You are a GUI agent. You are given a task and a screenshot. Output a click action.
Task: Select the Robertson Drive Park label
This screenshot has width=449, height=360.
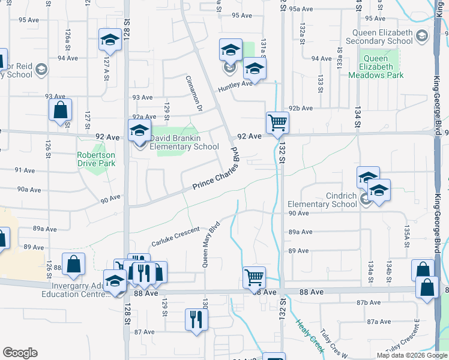point(95,158)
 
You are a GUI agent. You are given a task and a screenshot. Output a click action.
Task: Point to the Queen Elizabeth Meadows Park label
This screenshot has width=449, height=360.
point(382,67)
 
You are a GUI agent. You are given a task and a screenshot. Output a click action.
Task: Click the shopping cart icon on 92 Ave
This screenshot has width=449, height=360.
point(277,122)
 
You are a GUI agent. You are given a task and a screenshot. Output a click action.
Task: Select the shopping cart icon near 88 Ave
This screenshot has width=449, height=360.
point(255,278)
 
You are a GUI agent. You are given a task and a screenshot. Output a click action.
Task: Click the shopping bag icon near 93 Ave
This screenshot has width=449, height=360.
point(60,110)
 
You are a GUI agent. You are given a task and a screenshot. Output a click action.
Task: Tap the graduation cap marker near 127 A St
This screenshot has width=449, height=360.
point(110,40)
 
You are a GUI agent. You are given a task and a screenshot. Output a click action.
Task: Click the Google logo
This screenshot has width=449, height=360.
point(20,353)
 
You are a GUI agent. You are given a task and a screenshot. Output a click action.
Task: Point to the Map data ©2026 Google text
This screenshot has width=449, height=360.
point(412,355)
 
